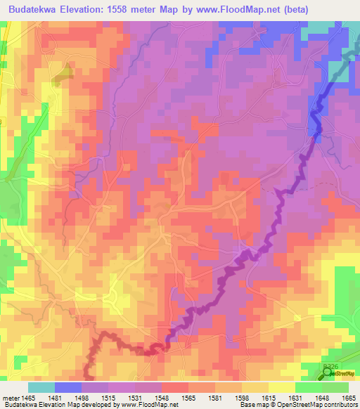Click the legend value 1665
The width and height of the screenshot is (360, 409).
(347, 398)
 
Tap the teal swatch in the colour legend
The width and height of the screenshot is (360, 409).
(41, 387)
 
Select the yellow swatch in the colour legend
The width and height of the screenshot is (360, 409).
(281, 387)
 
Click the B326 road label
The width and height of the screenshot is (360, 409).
(331, 366)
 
